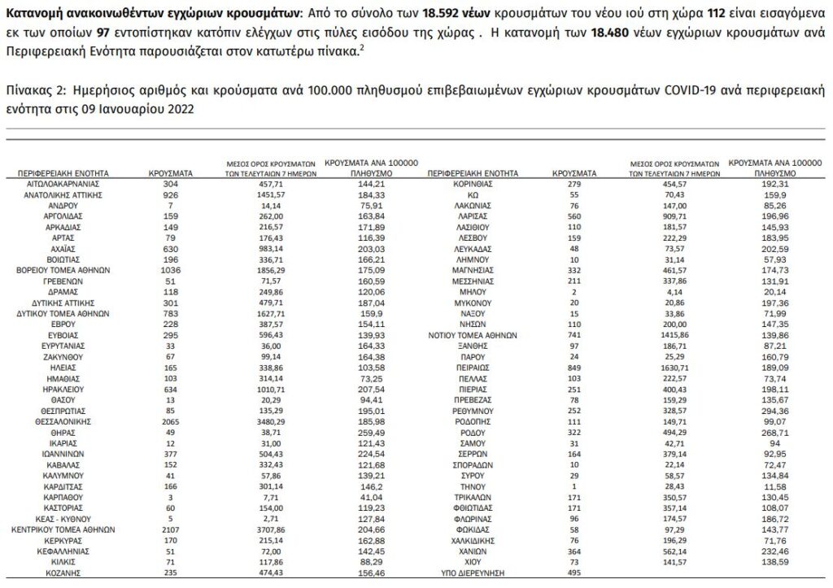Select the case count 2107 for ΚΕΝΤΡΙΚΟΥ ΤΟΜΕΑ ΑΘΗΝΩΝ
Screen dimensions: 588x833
(170, 529)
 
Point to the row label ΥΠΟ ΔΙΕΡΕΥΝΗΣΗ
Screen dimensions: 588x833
(473, 572)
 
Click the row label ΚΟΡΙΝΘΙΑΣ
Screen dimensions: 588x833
(473, 185)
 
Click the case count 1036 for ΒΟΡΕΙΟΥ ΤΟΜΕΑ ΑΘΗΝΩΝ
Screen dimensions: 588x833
(170, 269)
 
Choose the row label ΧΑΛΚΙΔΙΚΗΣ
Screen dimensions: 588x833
(473, 540)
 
